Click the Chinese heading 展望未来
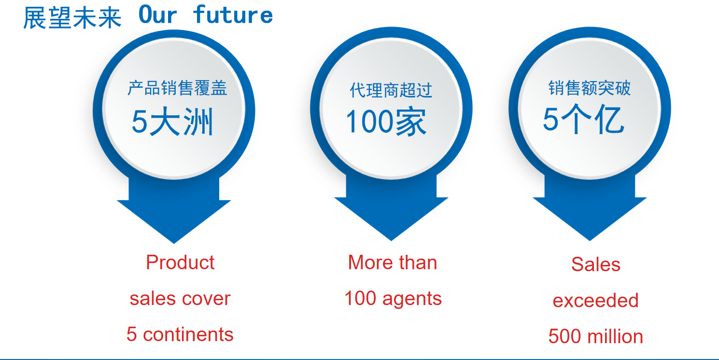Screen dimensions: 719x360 [72, 18]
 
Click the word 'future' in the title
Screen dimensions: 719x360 [233, 15]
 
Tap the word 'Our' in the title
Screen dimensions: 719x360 [157, 15]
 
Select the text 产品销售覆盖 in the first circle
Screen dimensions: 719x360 [177, 88]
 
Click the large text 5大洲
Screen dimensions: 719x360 [172, 122]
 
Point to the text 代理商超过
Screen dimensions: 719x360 [391, 90]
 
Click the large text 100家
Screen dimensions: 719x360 [386, 122]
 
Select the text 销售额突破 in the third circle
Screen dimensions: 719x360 [589, 88]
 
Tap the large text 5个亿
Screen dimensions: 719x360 [583, 119]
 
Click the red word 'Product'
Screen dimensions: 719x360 [180, 263]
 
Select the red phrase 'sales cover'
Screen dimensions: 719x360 [180, 298]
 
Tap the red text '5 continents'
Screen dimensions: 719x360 [180, 334]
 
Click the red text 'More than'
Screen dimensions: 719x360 [393, 263]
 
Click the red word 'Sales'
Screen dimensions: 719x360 [596, 264]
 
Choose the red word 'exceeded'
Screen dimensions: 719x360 [596, 301]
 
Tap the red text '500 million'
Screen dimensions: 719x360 [596, 336]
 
